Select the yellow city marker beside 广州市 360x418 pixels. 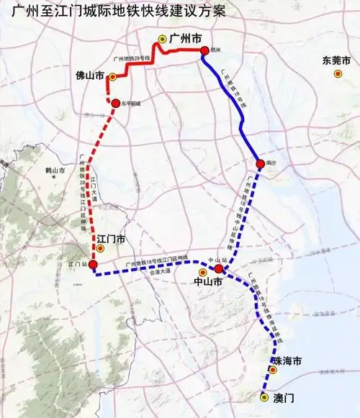pos(163,40)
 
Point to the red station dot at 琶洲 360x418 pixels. pos(204,50)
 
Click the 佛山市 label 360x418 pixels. pos(90,75)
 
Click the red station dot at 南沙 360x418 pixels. pos(260,163)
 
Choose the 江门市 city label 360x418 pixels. pos(112,238)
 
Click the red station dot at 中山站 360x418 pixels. pos(219,269)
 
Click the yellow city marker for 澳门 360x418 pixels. pos(264,396)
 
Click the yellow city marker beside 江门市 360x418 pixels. pos(101,249)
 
